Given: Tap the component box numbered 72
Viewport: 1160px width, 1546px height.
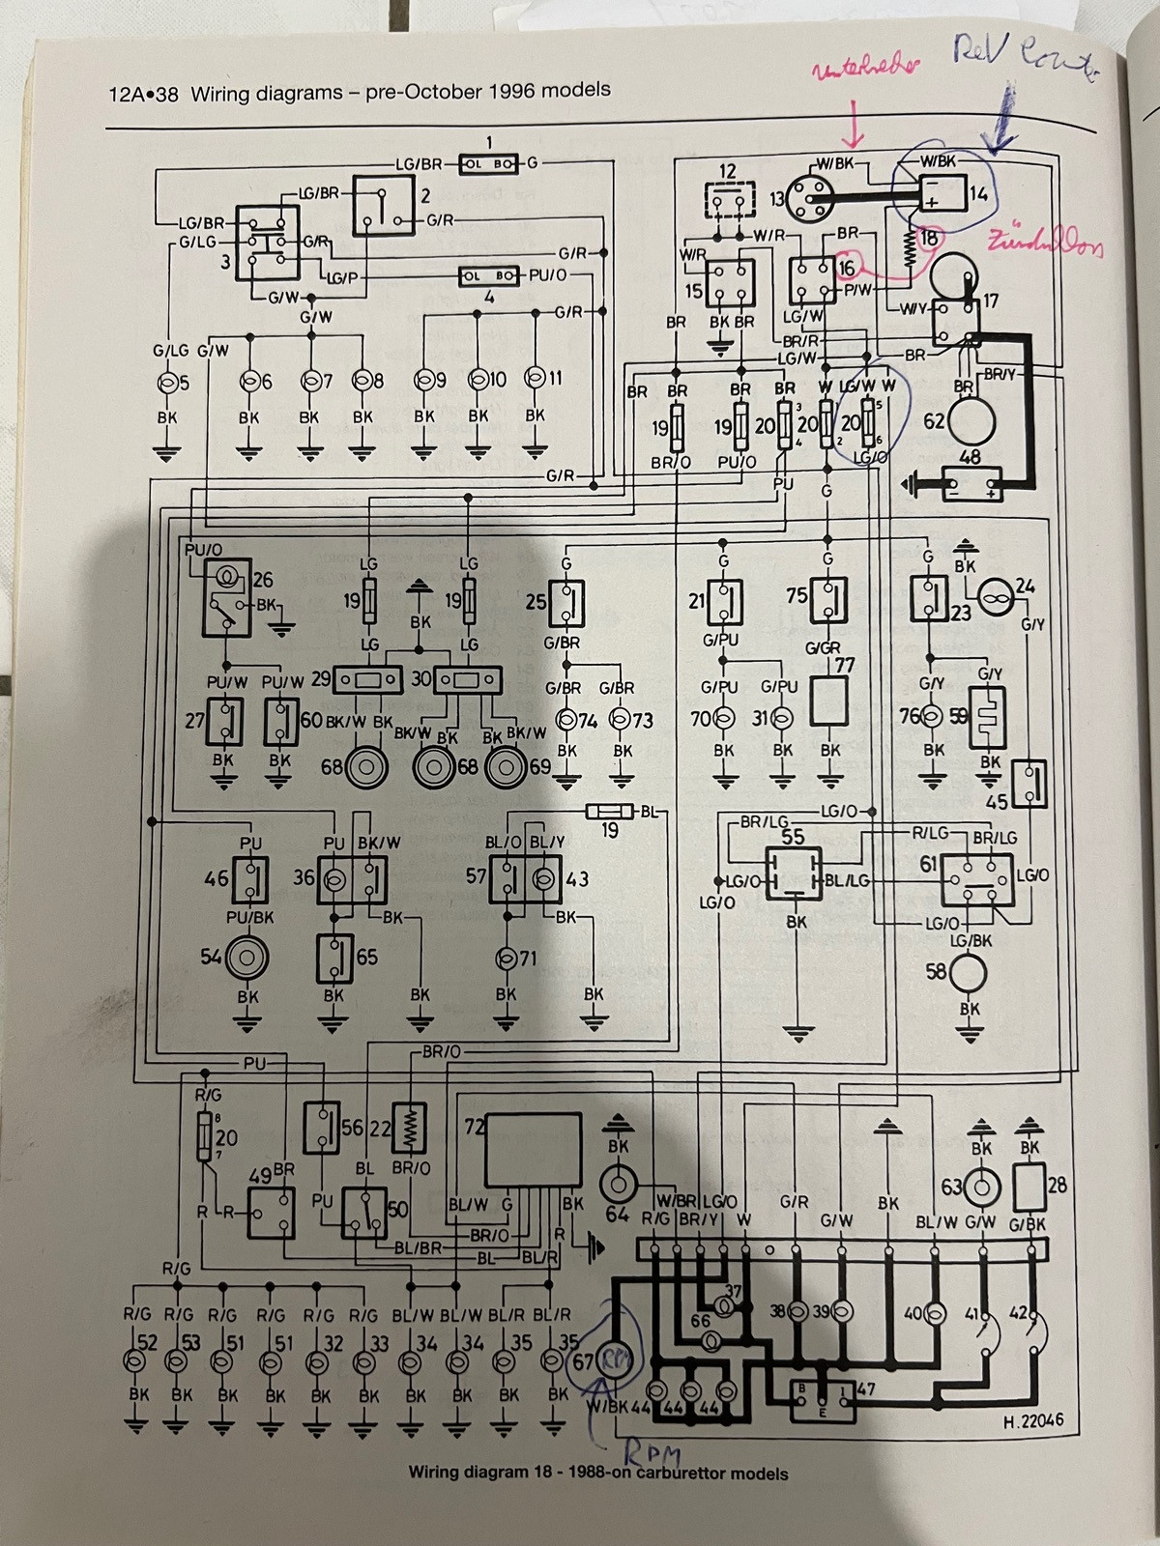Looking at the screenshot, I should point(534,1150).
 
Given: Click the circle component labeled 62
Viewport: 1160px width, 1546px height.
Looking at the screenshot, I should point(971,420).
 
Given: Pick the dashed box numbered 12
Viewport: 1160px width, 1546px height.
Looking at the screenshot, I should point(728,202).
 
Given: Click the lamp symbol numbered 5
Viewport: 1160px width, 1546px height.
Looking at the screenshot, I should point(166,382).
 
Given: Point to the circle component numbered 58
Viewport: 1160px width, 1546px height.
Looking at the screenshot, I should point(968,971).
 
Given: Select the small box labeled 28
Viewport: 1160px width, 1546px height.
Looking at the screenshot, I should point(1030,1188).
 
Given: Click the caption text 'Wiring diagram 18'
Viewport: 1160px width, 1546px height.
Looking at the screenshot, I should point(481,1474).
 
